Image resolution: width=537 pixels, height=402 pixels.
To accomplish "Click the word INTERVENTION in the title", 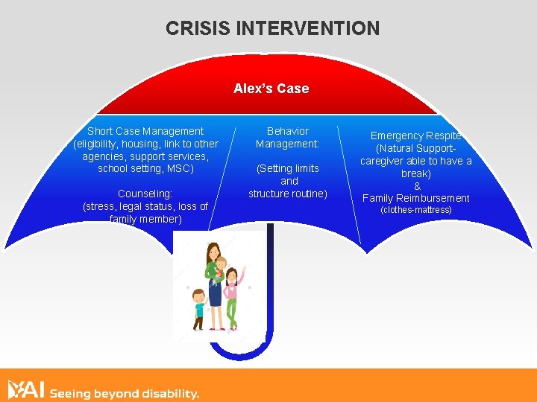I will point(307,28).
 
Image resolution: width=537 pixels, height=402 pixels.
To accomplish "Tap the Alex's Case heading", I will point(271,89).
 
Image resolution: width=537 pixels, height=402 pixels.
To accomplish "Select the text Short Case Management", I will point(145,131).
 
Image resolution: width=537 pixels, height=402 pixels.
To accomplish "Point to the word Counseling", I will point(145,194).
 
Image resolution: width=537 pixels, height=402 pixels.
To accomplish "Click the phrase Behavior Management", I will point(288,137).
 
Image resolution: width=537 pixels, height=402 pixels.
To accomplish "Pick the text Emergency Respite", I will point(416,135).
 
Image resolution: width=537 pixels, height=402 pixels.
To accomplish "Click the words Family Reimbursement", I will point(416,198).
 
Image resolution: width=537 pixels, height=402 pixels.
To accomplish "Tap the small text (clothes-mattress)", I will point(416,210).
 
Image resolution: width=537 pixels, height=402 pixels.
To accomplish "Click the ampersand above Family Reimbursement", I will point(417,186).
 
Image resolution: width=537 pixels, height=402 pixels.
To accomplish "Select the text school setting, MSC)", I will point(145,168).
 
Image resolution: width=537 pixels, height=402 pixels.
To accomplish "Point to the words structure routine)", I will point(288,194).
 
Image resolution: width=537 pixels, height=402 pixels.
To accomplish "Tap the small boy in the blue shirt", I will point(198,309).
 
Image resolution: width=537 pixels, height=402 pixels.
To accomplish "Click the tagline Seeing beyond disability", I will point(124,393).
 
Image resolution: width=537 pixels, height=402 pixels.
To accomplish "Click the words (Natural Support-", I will point(416,148).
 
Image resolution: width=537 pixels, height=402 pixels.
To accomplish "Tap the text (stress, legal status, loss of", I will point(145,206).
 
